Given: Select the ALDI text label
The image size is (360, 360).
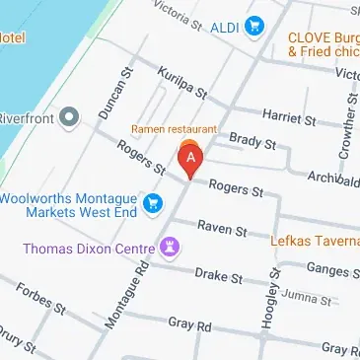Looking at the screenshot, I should pos(226,27).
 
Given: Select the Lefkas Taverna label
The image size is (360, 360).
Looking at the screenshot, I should pos(315,238).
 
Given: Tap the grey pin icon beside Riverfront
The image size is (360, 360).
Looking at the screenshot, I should pos(69,119).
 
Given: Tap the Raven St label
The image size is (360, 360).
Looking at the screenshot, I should pos(221,228).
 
